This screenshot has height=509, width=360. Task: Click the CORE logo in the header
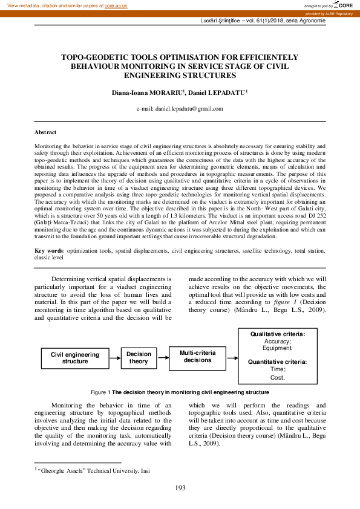tap(345, 5)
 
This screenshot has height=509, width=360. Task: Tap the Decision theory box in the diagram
tap(139, 358)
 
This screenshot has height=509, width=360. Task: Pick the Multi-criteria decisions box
tap(197, 356)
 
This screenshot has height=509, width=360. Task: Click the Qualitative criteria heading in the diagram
tap(278, 334)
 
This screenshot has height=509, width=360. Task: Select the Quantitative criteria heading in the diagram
tap(278, 361)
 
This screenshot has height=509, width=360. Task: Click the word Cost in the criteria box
tap(277, 377)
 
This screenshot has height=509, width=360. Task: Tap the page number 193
tap(180, 488)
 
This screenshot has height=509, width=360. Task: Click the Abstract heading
tap(46, 132)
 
